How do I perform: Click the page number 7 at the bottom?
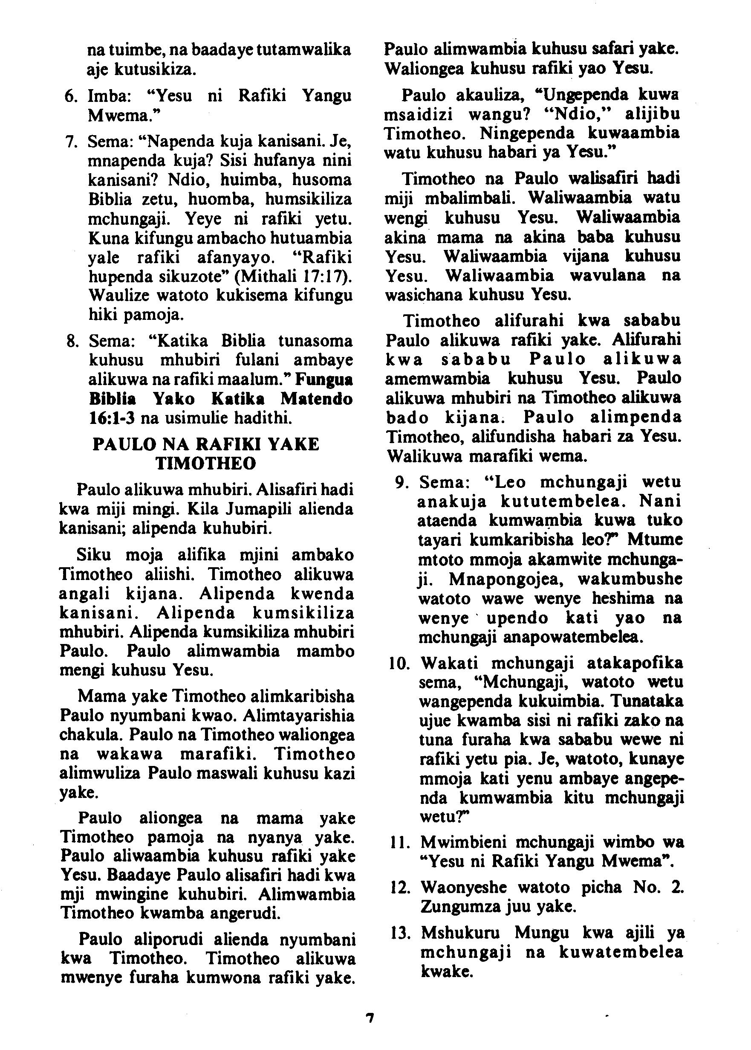tap(369, 1018)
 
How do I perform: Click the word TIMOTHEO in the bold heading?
tap(206, 463)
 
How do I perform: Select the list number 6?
tap(71, 96)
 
